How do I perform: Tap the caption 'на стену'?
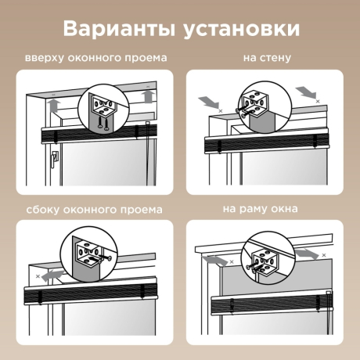click(x=266, y=59)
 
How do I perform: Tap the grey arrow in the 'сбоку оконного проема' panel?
click(x=52, y=275)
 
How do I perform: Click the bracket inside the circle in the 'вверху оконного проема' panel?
click(x=102, y=106)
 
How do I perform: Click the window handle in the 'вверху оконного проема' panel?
click(x=52, y=161)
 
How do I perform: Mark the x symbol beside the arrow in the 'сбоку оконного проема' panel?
click(x=38, y=277)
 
